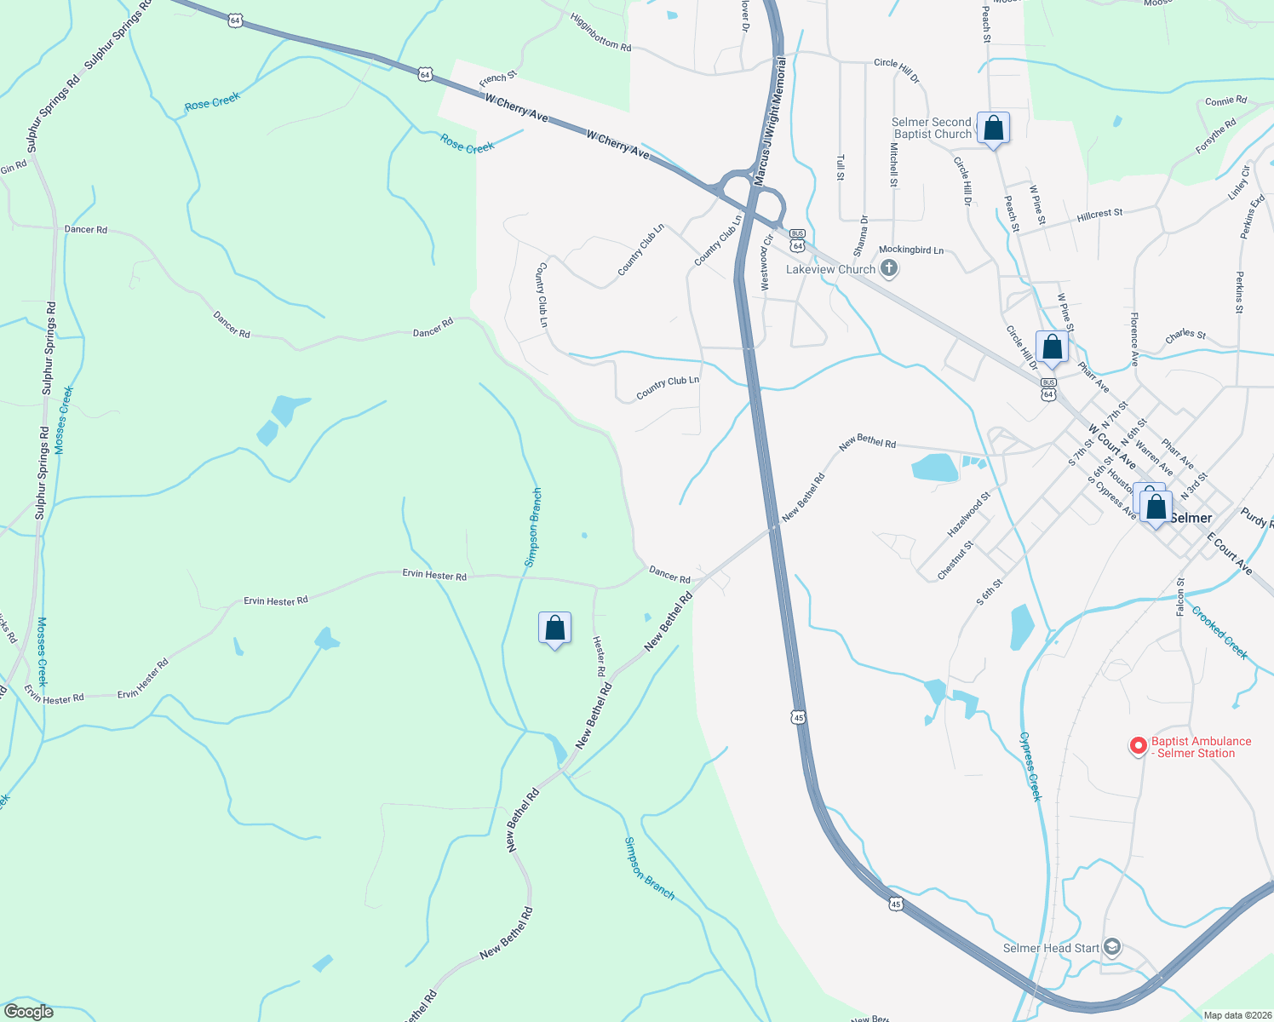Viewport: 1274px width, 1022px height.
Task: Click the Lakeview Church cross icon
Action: pyautogui.click(x=888, y=270)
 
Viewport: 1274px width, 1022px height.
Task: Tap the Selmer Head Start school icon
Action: pyautogui.click(x=1111, y=947)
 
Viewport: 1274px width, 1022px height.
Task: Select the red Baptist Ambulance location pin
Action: pyautogui.click(x=1138, y=746)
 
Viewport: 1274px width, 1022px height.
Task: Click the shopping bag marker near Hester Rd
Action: pyautogui.click(x=554, y=629)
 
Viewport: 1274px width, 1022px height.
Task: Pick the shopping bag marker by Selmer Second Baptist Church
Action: pyautogui.click(x=993, y=129)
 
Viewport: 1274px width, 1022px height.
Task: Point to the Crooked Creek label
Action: pyautogui.click(x=1219, y=632)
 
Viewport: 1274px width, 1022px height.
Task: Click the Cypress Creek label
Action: pyautogui.click(x=1030, y=766)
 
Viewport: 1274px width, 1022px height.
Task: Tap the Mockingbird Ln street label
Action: pyautogui.click(x=911, y=250)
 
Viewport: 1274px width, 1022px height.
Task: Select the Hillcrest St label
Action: pyautogui.click(x=1099, y=215)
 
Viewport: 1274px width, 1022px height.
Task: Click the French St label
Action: pyautogui.click(x=498, y=78)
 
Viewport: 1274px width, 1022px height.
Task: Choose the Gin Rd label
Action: pyautogui.click(x=14, y=167)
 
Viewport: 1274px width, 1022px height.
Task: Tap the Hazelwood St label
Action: pyautogui.click(x=969, y=514)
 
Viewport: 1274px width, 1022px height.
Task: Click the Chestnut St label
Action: pyautogui.click(x=955, y=560)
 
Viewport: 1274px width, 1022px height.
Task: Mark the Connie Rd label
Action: pyautogui.click(x=1225, y=101)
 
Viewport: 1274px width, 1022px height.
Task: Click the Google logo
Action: pyautogui.click(x=29, y=1012)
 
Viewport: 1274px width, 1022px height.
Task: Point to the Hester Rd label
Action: pyautogui.click(x=600, y=656)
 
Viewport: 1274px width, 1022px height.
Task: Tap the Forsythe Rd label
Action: pyautogui.click(x=1215, y=136)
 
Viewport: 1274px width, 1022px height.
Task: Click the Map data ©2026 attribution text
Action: pyautogui.click(x=1236, y=1015)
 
